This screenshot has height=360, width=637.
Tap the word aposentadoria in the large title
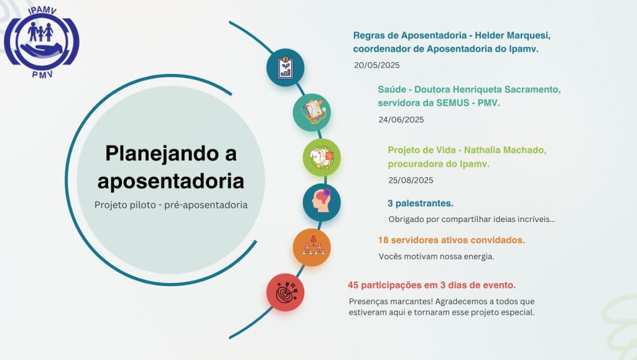(170, 180)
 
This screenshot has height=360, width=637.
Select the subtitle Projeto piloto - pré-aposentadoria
(170, 205)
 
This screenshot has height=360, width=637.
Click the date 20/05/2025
(376, 65)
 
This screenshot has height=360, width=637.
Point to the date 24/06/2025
(401, 120)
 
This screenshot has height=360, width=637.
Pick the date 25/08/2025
(411, 180)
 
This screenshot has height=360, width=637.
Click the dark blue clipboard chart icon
(285, 67)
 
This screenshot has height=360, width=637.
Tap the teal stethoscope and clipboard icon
(312, 113)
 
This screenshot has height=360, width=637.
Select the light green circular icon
(322, 157)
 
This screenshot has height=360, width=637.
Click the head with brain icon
(322, 202)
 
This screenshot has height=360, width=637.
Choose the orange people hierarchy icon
(312, 247)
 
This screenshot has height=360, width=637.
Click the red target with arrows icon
(285, 292)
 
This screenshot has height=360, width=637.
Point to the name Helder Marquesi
(513, 35)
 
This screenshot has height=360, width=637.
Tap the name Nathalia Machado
(505, 150)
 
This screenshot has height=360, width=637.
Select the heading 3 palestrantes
(421, 203)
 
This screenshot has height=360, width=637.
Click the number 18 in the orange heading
(383, 240)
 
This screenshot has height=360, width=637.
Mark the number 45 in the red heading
(353, 285)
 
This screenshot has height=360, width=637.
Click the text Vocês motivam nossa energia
(436, 257)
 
